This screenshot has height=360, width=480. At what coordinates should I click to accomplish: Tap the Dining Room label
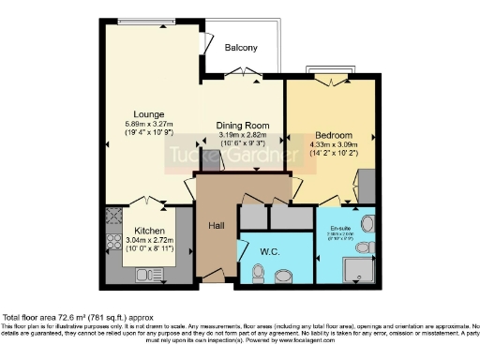point(243,125)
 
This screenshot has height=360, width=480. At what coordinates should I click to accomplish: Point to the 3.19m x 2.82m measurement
point(243,134)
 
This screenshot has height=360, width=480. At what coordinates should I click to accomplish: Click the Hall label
point(217,225)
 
